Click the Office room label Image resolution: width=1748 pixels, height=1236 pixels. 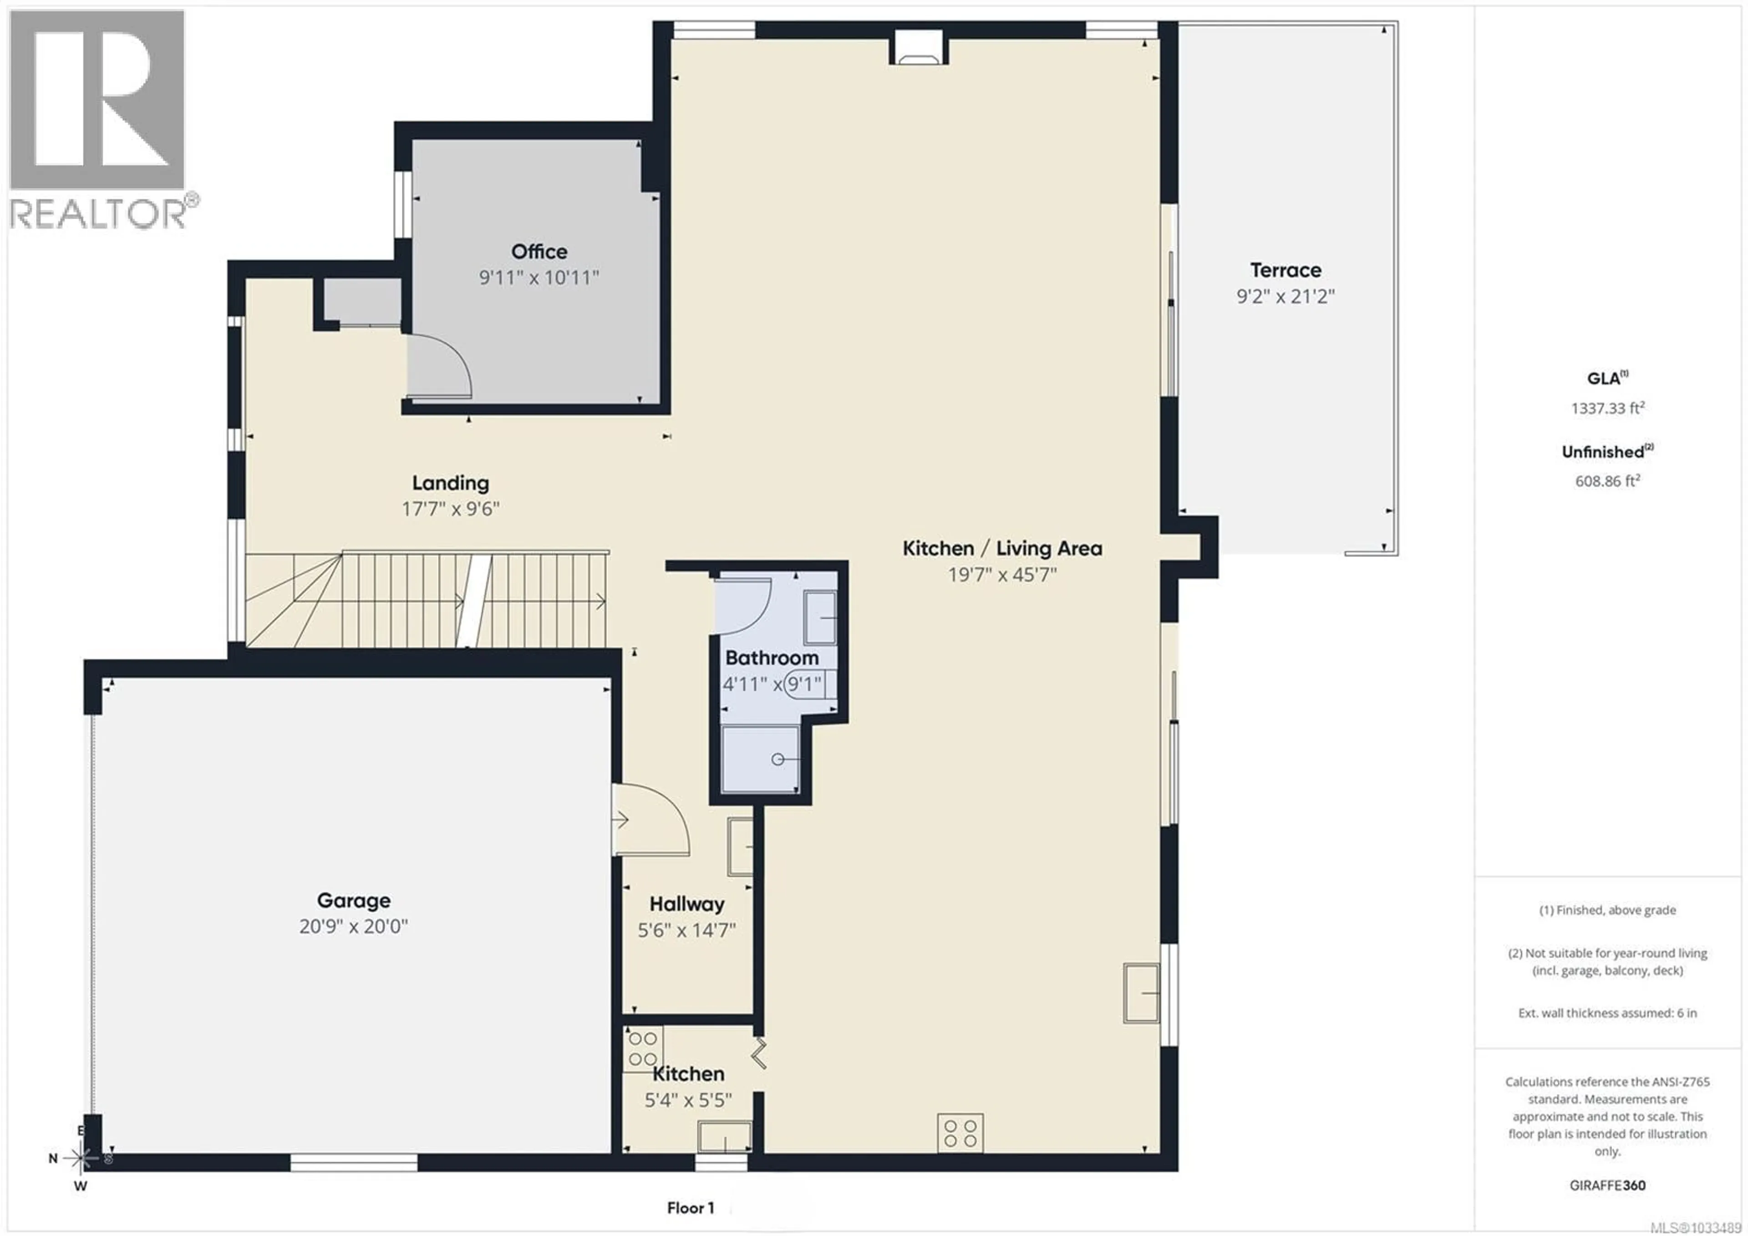pyautogui.click(x=539, y=251)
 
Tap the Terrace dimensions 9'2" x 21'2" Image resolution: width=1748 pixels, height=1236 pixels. pyautogui.click(x=1285, y=296)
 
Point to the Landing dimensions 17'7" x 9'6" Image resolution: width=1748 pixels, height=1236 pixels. pyautogui.click(x=451, y=509)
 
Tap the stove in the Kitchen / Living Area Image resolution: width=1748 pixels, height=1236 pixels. pyautogui.click(x=960, y=1133)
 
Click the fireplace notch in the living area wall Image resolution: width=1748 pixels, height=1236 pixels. pyautogui.click(x=920, y=47)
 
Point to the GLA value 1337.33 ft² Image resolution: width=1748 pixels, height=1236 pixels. pyautogui.click(x=1607, y=408)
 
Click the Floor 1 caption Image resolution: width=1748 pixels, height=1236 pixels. pyautogui.click(x=691, y=1208)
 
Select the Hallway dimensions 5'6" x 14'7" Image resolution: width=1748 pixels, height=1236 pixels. pyautogui.click(x=687, y=930)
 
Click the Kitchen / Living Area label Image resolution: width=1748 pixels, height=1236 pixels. pyautogui.click(x=1002, y=548)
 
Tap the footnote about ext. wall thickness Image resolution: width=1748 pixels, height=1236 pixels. pyautogui.click(x=1607, y=1013)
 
